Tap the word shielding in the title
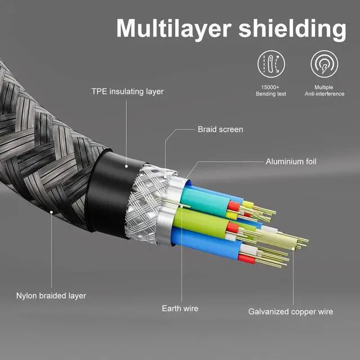(291, 29)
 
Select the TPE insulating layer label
(128, 91)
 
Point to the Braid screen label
(220, 129)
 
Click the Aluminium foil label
(291, 162)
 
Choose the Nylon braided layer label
(51, 295)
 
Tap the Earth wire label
(180, 309)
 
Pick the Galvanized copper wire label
(291, 312)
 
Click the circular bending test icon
(272, 64)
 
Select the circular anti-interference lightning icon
(324, 64)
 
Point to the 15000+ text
(272, 87)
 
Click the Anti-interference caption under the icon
(324, 94)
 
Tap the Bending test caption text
(272, 94)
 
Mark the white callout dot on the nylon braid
(51, 213)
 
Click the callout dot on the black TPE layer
(127, 165)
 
